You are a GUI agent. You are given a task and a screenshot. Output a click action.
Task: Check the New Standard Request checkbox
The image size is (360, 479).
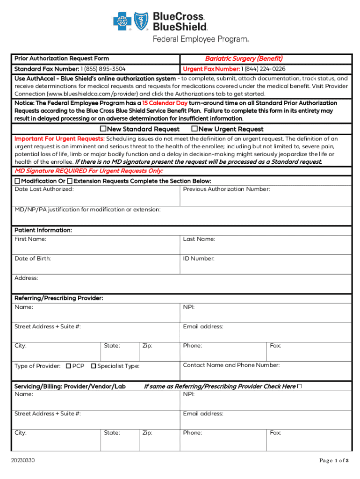pyautogui.click(x=104, y=129)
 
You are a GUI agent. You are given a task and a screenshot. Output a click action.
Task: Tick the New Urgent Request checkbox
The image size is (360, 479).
pyautogui.click(x=195, y=129)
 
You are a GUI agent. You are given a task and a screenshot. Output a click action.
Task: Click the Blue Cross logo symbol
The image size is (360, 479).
pyautogui.click(x=122, y=21)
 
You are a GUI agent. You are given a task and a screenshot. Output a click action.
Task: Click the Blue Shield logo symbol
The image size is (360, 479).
pyautogui.click(x=141, y=21)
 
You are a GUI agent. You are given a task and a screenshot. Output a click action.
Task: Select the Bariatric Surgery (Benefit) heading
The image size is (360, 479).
pyautogui.click(x=244, y=58)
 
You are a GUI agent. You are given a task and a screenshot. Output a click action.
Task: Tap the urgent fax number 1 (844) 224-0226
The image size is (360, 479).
pyautogui.click(x=263, y=69)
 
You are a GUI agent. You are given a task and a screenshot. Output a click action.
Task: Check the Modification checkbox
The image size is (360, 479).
pyautogui.click(x=17, y=181)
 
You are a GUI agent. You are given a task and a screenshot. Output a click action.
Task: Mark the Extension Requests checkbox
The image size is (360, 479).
pyautogui.click(x=70, y=181)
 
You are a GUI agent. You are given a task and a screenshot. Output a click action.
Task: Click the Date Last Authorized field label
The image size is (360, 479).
pyautogui.click(x=44, y=189)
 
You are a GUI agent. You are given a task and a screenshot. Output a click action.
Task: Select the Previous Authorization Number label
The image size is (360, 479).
pyautogui.click(x=226, y=189)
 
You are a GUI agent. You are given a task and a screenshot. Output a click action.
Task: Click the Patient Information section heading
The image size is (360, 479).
pyautogui.click(x=43, y=230)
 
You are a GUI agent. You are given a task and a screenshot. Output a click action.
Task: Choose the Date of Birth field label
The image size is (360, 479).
pyautogui.click(x=33, y=258)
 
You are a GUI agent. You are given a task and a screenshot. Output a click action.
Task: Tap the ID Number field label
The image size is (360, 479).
pyautogui.click(x=199, y=258)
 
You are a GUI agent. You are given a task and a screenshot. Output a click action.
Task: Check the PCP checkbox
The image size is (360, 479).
pyautogui.click(x=68, y=366)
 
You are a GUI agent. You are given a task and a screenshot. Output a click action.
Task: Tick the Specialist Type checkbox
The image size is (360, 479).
pyautogui.click(x=94, y=366)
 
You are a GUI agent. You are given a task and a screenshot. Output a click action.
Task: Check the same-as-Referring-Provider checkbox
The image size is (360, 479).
pyautogui.click(x=300, y=386)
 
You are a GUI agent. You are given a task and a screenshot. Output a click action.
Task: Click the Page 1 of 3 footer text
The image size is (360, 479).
pyautogui.click(x=334, y=461)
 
